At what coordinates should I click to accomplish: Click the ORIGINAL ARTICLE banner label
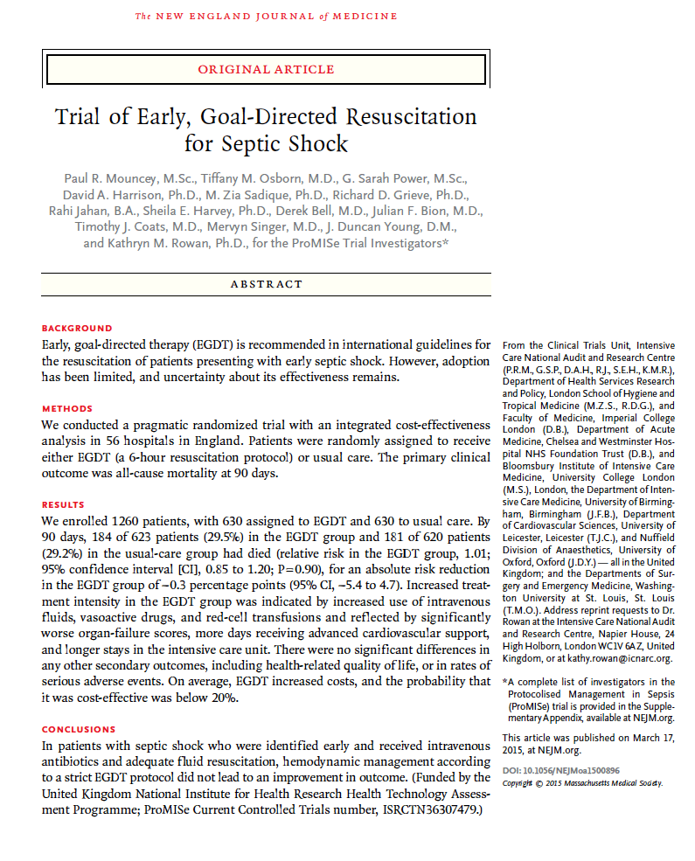[266, 69]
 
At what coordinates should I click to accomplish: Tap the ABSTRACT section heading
[266, 284]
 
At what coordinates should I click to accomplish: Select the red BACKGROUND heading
[77, 329]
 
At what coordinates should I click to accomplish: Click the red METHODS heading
[67, 409]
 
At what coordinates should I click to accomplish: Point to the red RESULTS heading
[64, 505]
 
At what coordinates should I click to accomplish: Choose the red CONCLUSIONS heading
[79, 729]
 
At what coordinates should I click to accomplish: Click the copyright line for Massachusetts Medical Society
[582, 782]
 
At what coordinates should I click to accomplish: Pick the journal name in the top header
[266, 16]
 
